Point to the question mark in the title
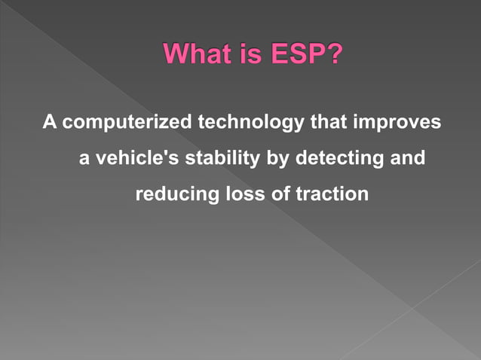331,55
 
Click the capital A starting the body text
49,121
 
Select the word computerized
126,122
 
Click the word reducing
176,194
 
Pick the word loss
244,194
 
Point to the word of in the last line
280,194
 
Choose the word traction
332,194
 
